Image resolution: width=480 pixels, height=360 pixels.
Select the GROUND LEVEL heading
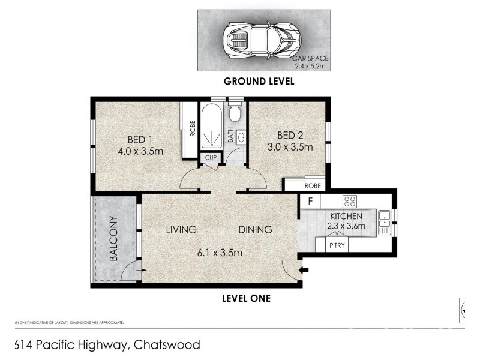259,82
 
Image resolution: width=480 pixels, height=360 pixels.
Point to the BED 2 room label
289,134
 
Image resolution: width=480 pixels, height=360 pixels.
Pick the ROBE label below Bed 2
313,186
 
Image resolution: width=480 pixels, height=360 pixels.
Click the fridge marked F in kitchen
310,200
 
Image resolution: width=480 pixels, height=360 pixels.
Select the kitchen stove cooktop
350,200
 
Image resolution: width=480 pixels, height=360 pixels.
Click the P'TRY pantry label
334,245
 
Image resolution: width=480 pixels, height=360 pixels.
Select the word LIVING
181,229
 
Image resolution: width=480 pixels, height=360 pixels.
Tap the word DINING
255,229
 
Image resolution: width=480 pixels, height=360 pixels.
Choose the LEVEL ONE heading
247,298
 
